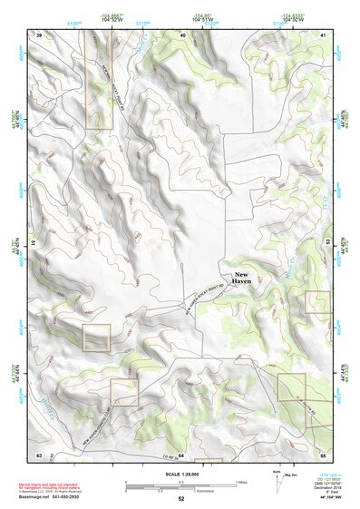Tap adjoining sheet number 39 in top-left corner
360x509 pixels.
tap(39, 34)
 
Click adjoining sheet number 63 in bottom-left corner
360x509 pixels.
tap(39, 453)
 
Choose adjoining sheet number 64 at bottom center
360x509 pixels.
tap(180, 453)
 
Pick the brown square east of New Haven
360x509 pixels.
tap(317, 301)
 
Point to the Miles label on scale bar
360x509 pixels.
tap(238, 482)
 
